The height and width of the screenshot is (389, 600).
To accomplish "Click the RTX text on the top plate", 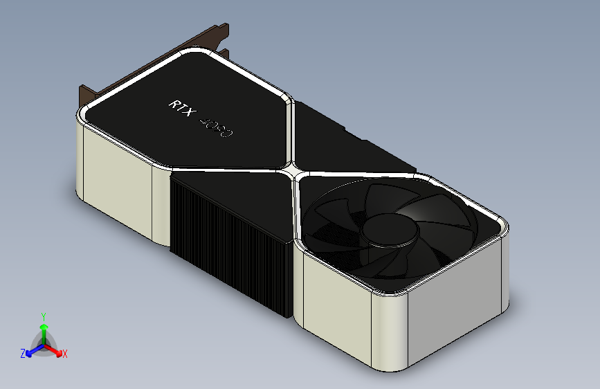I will click(x=182, y=109).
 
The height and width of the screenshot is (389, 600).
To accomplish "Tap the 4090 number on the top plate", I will click(x=217, y=127).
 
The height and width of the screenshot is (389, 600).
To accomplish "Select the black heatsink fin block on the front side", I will click(x=228, y=242).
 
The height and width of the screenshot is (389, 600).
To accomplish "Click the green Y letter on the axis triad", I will click(x=44, y=316).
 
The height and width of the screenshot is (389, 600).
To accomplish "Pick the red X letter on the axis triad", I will click(x=65, y=354).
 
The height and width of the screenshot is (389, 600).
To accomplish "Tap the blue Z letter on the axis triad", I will click(x=23, y=353).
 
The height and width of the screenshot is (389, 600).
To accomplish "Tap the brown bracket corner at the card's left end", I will click(x=87, y=94).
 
